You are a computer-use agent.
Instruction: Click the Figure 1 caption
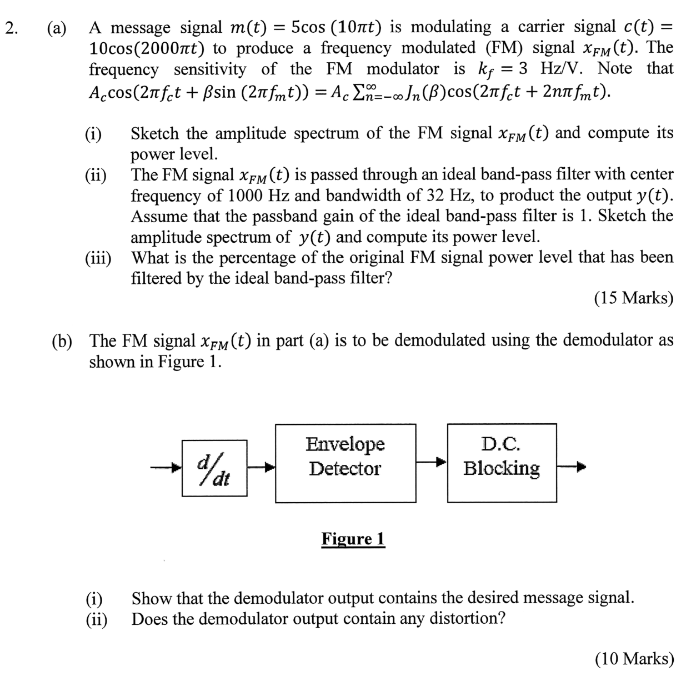click(353, 539)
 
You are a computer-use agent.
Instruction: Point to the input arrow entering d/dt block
click(167, 468)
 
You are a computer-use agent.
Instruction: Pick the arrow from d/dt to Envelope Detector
click(261, 468)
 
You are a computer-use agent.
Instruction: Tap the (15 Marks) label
click(633, 298)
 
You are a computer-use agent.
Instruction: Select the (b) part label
click(62, 340)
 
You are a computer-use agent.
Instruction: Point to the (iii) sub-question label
click(98, 258)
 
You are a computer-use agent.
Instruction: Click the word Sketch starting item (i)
click(156, 133)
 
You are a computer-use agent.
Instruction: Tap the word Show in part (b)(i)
click(152, 598)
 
